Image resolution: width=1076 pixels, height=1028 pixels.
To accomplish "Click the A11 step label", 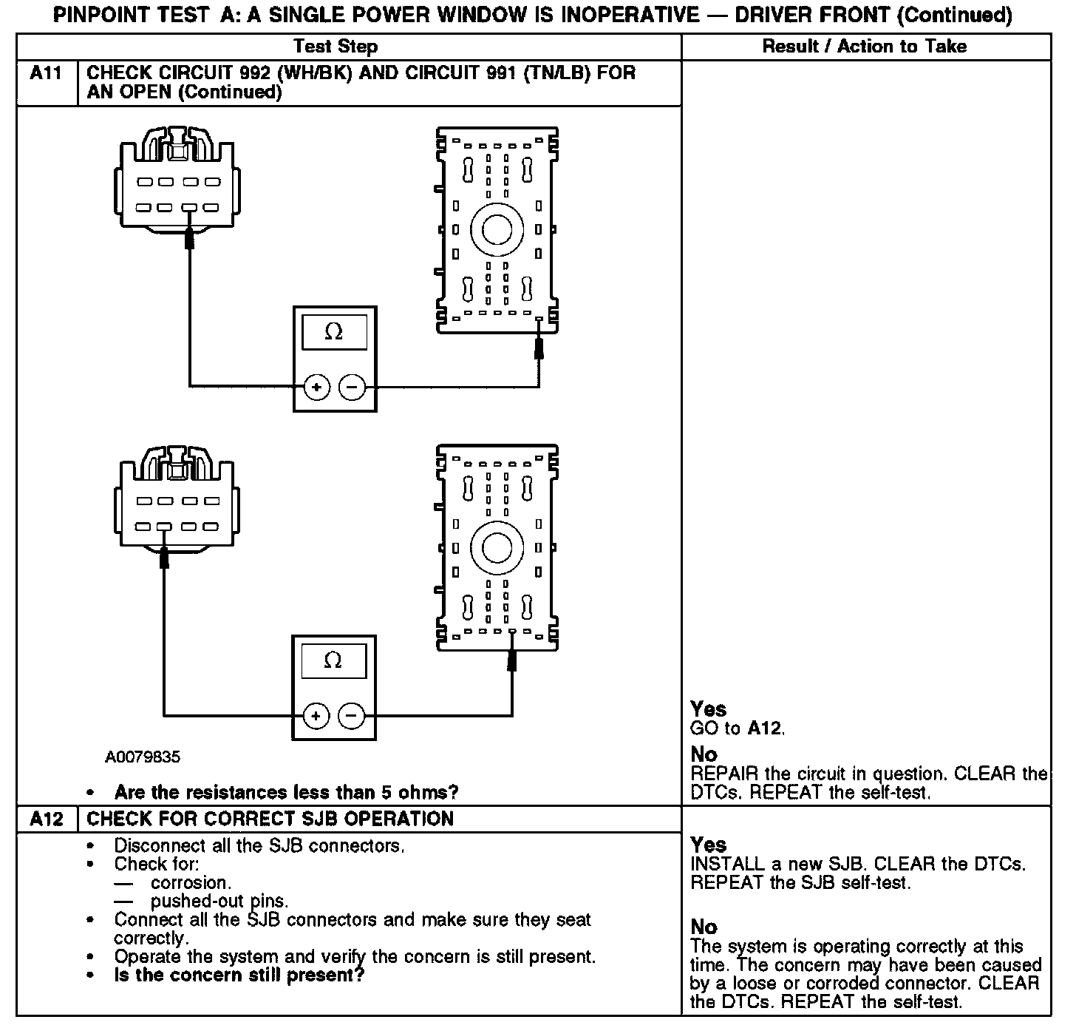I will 47,74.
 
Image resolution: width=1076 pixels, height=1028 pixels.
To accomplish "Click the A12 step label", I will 47,819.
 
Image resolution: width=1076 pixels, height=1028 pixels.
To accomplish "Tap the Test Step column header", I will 335,47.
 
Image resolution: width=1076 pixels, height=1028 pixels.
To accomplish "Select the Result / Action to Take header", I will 865,47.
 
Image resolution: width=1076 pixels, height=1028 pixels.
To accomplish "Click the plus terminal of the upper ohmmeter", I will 316,387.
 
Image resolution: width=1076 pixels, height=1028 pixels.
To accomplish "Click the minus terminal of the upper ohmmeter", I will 352,387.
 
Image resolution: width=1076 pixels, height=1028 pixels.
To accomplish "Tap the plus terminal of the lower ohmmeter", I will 316,716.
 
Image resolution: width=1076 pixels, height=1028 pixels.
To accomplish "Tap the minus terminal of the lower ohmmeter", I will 351,716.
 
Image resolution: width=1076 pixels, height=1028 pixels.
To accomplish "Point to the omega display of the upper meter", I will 334,333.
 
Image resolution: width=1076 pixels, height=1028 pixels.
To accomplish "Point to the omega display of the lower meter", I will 333,660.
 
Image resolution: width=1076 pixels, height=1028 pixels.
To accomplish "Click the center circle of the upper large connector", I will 497,229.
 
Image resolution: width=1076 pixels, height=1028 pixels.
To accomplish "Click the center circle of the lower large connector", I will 497,548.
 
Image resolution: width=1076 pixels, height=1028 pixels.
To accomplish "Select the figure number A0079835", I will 143,757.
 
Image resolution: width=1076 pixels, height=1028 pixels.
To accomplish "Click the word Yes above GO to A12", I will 708,709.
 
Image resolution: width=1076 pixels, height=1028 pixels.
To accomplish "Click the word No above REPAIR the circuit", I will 704,755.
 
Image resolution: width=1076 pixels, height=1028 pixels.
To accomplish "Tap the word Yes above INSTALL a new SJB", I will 708,845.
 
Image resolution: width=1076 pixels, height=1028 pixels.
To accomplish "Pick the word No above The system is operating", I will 704,927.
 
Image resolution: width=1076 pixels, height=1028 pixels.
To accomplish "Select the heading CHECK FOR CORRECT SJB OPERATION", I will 270,819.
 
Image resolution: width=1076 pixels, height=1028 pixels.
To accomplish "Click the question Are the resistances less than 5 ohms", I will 287,793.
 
